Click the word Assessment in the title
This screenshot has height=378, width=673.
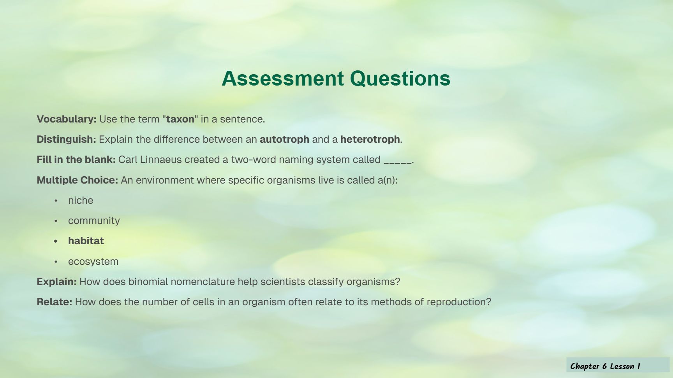pyautogui.click(x=283, y=79)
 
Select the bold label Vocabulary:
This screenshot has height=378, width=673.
pyautogui.click(x=67, y=119)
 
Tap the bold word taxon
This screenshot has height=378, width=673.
pyautogui.click(x=180, y=119)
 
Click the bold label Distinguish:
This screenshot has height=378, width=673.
pyautogui.click(x=66, y=140)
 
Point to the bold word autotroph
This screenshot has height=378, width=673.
pyautogui.click(x=284, y=140)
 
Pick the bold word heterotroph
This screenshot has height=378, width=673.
pyautogui.click(x=370, y=140)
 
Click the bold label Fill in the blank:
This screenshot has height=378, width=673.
pyautogui.click(x=76, y=160)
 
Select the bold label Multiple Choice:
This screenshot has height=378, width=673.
pyautogui.click(x=78, y=180)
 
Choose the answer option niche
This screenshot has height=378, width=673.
pyautogui.click(x=81, y=200)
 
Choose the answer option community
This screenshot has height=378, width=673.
pyautogui.click(x=94, y=221)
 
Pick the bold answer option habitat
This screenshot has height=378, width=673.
pyautogui.click(x=86, y=241)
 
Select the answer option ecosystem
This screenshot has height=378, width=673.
pyautogui.click(x=93, y=262)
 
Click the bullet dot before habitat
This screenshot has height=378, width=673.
pyautogui.click(x=56, y=241)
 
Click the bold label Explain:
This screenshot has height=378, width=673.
pyautogui.click(x=57, y=282)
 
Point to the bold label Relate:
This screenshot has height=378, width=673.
pyautogui.click(x=55, y=302)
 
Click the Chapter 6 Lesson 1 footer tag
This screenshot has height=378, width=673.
pyautogui.click(x=618, y=366)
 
